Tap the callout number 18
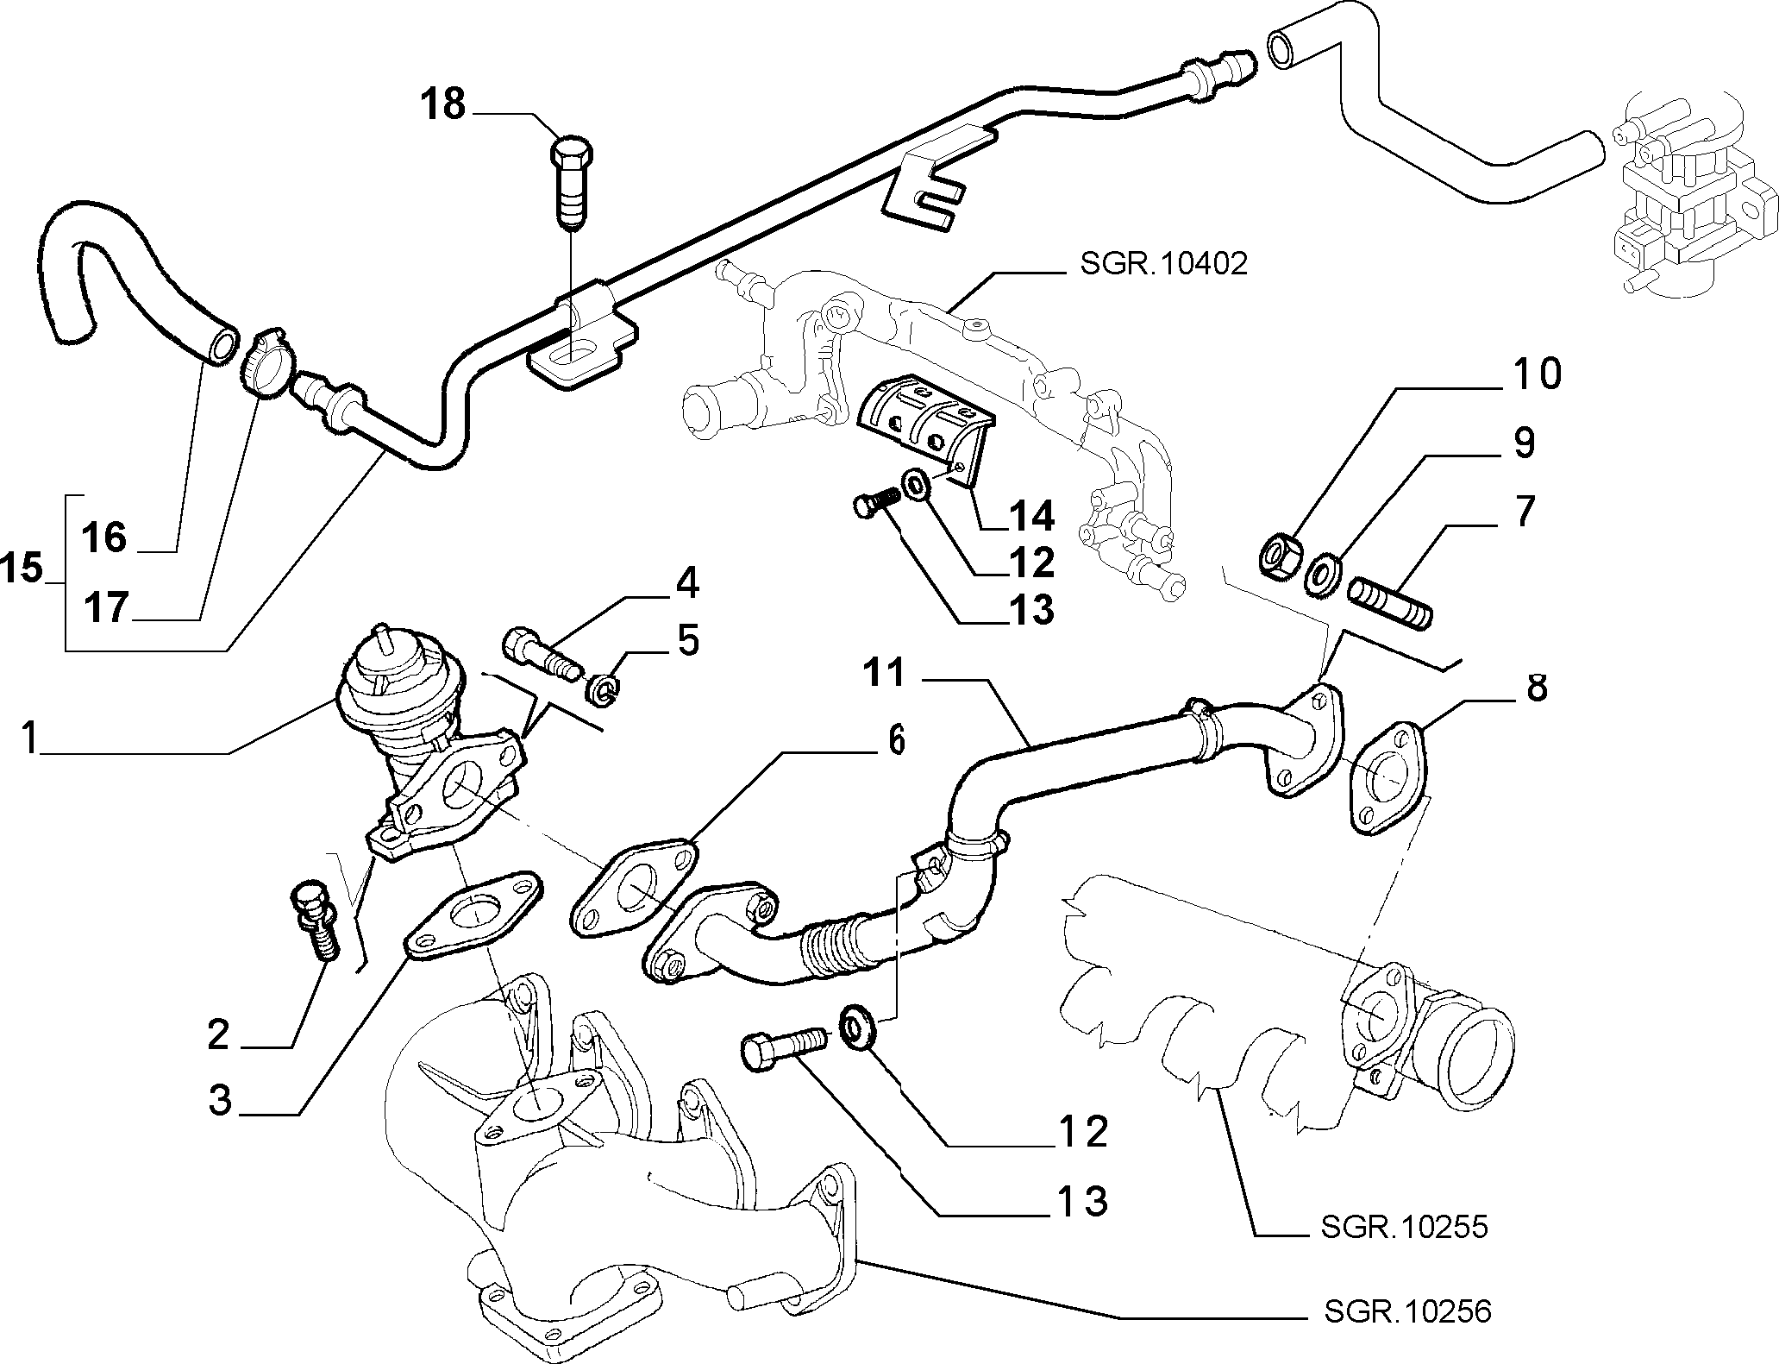(x=443, y=104)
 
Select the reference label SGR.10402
(x=1163, y=263)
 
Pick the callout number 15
(x=22, y=569)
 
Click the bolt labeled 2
(x=314, y=919)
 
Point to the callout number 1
(x=30, y=739)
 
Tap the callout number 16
(x=105, y=537)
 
